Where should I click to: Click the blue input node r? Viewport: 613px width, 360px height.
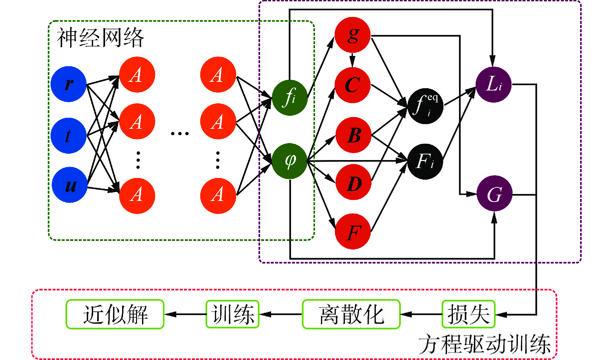tap(69, 84)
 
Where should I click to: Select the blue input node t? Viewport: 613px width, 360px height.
tap(69, 136)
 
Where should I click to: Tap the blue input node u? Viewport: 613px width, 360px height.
tap(70, 185)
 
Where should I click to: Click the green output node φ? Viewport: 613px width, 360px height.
tap(289, 161)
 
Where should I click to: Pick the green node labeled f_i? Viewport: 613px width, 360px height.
tap(289, 98)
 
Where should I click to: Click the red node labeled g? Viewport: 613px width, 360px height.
tap(353, 35)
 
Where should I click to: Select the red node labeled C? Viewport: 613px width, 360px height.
tap(353, 85)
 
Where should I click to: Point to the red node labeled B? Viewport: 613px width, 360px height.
tap(354, 135)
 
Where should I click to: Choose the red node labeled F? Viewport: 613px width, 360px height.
tap(353, 232)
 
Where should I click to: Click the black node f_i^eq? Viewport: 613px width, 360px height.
tap(425, 106)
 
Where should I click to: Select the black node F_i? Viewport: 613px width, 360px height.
tap(425, 162)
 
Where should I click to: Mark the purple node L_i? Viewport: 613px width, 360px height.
tap(494, 85)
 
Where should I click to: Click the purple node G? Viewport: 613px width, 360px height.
tap(494, 193)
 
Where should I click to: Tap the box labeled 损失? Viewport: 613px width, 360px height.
tap(468, 314)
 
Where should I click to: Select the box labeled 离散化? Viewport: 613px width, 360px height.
tap(351, 314)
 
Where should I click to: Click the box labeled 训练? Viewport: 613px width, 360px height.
tap(232, 314)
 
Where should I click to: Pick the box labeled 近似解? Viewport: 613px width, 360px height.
tap(115, 314)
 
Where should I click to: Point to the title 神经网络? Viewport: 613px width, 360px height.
tap(100, 38)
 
